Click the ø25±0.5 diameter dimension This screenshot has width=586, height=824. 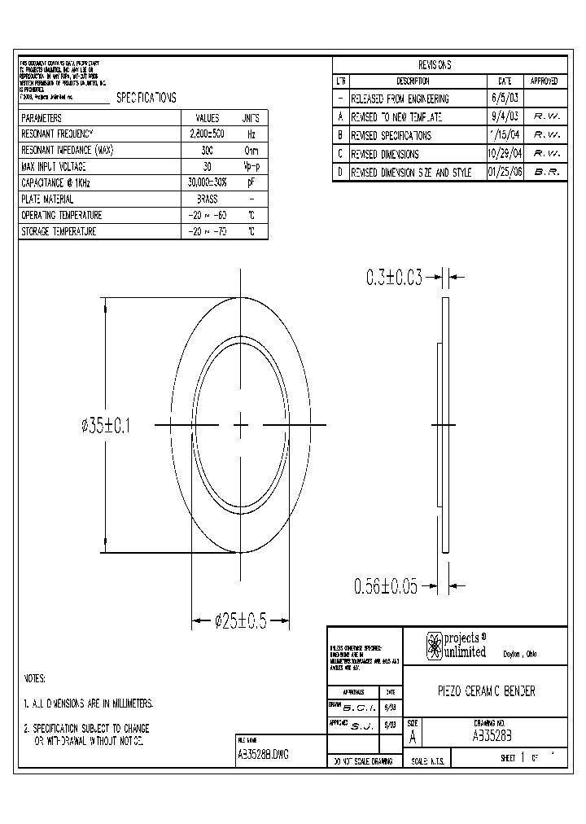pos(241,621)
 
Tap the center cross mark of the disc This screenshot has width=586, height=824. pos(241,424)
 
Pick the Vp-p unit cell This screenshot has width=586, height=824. pos(251,166)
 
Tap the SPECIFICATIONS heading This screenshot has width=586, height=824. pos(146,97)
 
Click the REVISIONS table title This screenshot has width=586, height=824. pos(435,65)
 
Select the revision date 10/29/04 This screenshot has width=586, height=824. pos(505,154)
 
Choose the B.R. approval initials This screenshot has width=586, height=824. pos(546,173)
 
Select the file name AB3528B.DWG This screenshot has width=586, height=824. pos(262,754)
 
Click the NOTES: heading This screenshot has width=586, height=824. pos(34,678)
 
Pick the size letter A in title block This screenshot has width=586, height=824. pos(413,739)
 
